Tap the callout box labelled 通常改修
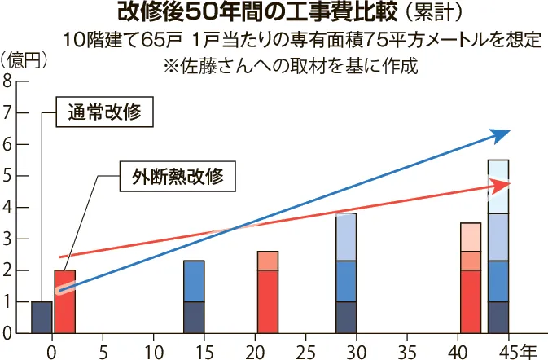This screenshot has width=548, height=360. tap(105, 114)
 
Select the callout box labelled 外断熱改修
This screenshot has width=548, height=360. tap(171, 177)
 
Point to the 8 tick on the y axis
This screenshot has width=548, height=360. tap(7, 81)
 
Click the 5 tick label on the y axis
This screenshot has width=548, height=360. tap(7, 176)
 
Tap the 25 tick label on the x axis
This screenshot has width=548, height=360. tap(305, 352)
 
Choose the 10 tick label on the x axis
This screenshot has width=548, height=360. tap(153, 352)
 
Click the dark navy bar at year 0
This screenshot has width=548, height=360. tap(42, 318)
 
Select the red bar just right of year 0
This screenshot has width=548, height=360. tap(64, 301)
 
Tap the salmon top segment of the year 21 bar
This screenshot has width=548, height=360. tap(268, 261)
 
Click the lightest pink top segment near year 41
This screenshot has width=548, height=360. tap(471, 237)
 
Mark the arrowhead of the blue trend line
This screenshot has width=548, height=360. tap(501, 134)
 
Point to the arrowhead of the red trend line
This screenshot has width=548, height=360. tap(501, 186)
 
